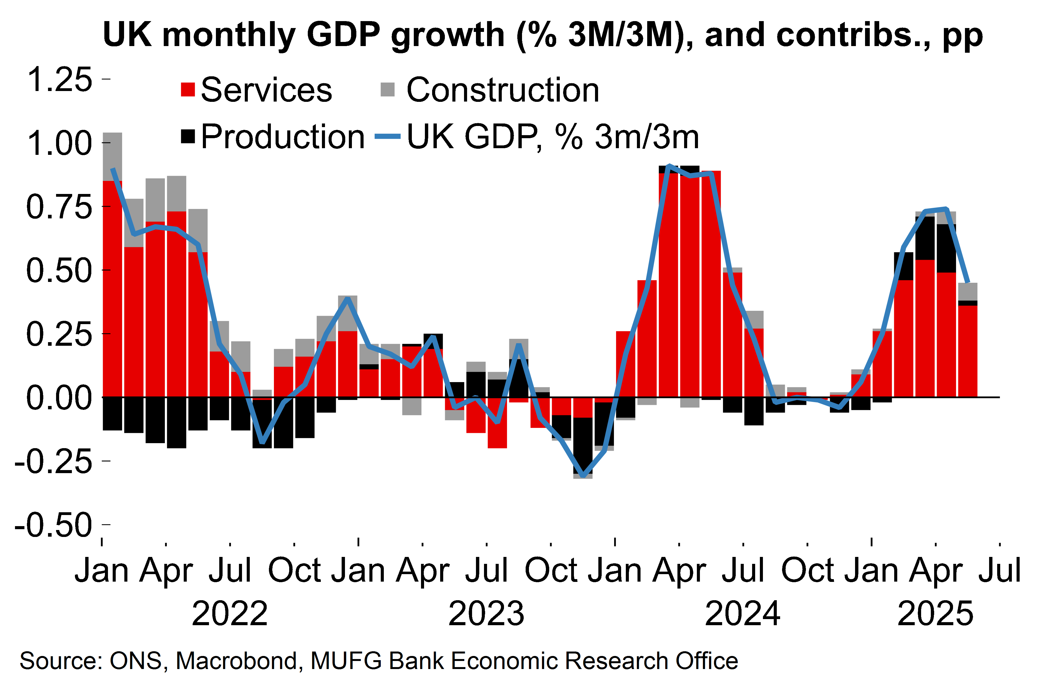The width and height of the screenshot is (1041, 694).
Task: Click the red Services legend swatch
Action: tap(188, 89)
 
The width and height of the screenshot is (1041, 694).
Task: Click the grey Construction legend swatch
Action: tap(388, 89)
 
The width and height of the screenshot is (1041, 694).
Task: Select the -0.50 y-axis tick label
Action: tap(53, 525)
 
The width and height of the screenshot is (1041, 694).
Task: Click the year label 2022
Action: tap(230, 614)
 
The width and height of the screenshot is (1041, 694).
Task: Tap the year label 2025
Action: tap(935, 614)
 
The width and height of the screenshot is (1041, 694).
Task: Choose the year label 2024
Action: tap(742, 614)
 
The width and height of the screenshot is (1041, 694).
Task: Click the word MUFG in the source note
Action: tap(346, 661)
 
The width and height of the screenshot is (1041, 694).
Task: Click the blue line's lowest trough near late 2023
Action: tap(583, 476)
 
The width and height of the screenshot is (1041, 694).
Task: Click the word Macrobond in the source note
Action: tap(236, 661)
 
